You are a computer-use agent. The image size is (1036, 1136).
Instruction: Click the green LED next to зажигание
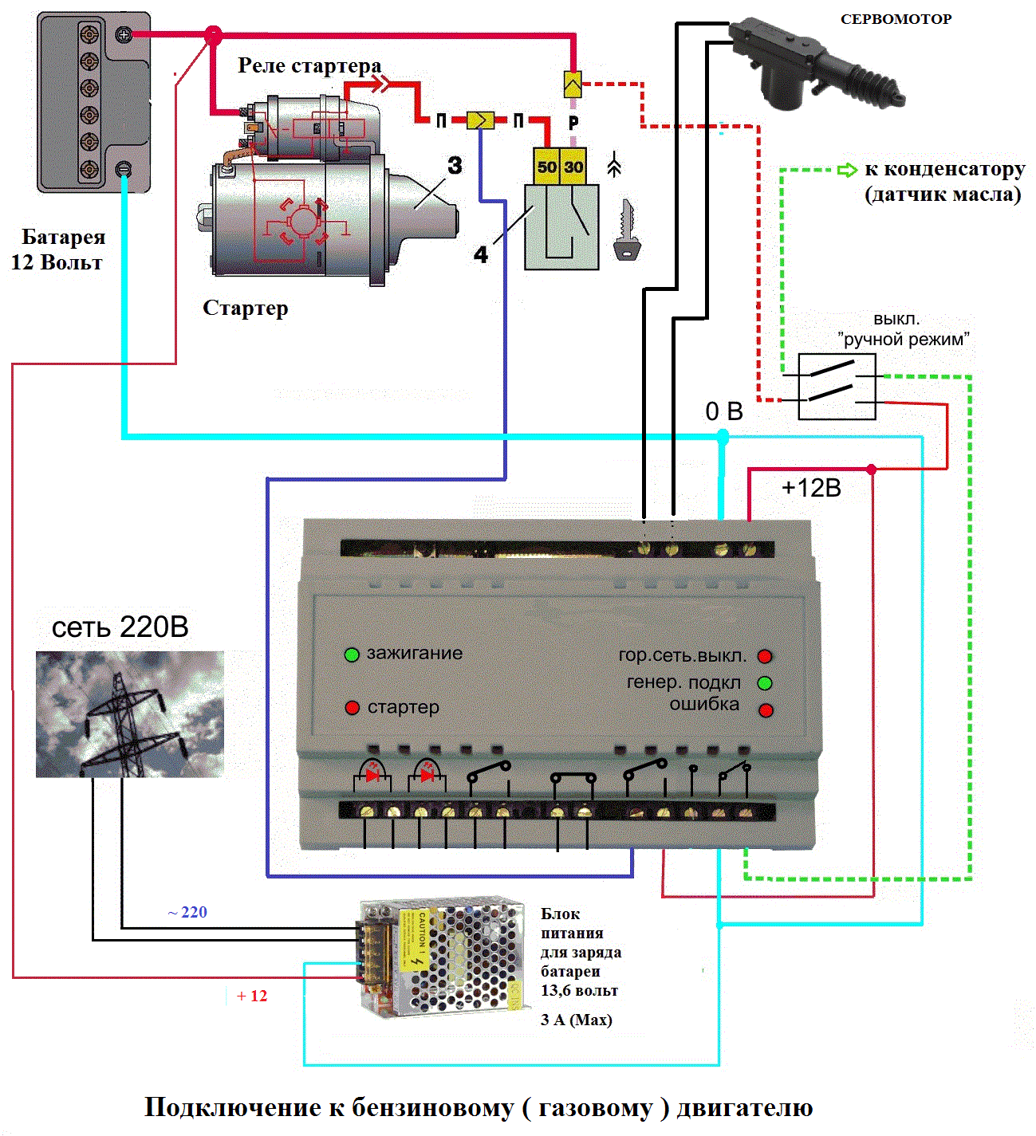click(x=352, y=654)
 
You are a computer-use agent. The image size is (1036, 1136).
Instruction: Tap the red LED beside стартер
click(x=352, y=707)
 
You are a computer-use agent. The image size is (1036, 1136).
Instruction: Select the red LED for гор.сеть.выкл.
click(x=765, y=656)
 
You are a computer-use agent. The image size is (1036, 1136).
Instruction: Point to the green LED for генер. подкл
click(x=765, y=683)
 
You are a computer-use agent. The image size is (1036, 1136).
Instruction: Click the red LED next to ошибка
click(x=766, y=710)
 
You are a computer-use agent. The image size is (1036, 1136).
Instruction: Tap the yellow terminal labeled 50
click(x=546, y=167)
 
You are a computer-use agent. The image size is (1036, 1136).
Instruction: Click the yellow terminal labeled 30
click(x=574, y=167)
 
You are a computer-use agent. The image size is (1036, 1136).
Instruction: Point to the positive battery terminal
click(x=124, y=34)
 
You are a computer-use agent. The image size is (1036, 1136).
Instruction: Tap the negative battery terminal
click(x=124, y=168)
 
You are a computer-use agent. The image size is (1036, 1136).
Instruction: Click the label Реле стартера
click(x=309, y=65)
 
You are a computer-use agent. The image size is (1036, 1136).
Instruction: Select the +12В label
click(x=811, y=488)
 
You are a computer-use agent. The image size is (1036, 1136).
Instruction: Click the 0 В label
click(x=724, y=411)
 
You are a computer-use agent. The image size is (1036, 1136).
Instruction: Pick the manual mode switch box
click(x=837, y=386)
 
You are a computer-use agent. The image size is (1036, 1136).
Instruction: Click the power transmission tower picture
click(x=129, y=714)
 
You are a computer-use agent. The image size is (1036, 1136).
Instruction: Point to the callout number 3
click(x=455, y=165)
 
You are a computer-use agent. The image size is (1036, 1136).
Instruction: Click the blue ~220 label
click(x=187, y=912)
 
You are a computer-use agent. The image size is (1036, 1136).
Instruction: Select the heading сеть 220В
click(x=120, y=627)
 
